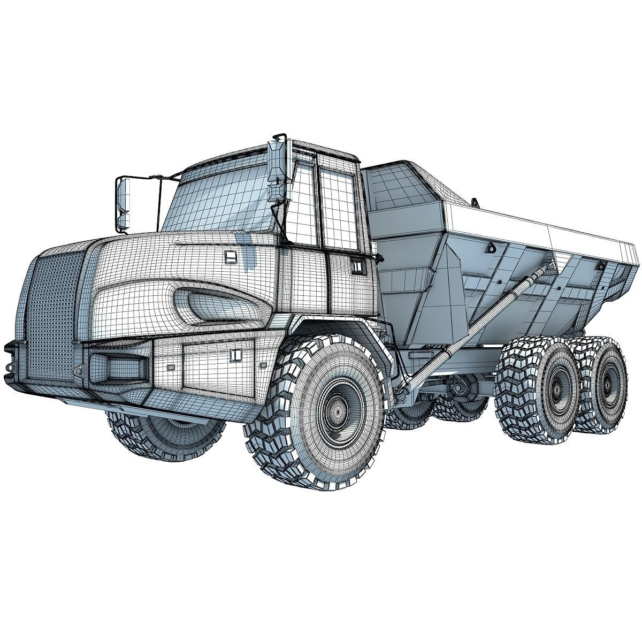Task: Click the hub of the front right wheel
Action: click(x=335, y=412)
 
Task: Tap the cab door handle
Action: click(x=356, y=264)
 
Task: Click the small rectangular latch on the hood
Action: click(x=230, y=258)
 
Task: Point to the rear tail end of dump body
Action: click(x=615, y=262)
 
